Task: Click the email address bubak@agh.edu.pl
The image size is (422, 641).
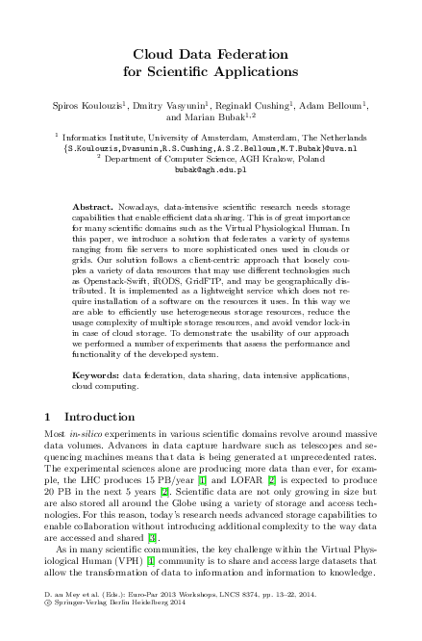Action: pos(211,168)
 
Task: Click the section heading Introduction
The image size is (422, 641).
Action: pos(99,444)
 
